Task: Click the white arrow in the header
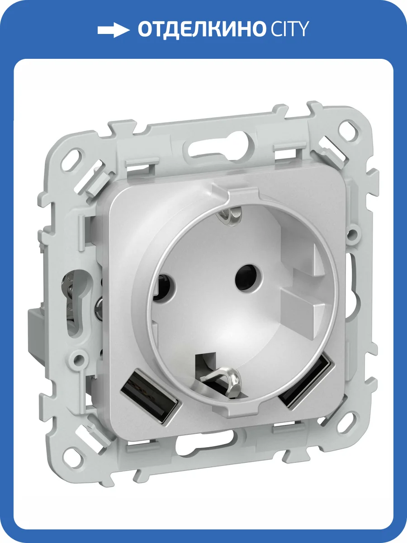click(x=113, y=30)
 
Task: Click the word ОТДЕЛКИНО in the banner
click(x=200, y=29)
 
